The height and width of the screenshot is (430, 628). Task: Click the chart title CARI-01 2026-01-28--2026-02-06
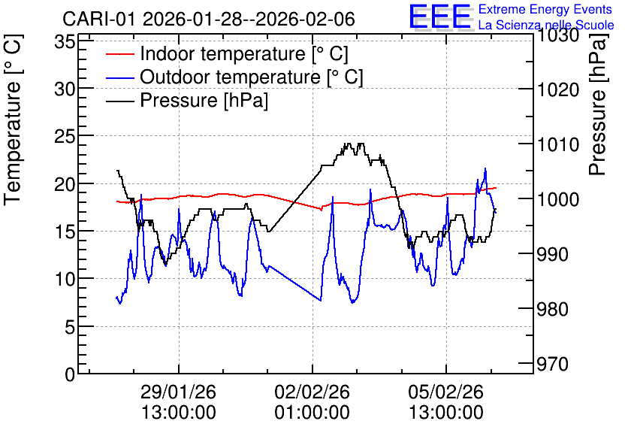coord(209,19)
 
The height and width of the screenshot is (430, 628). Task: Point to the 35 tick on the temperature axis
coord(65,41)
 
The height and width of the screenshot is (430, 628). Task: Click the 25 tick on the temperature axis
coord(65,136)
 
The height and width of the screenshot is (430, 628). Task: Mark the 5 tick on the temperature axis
coord(70,328)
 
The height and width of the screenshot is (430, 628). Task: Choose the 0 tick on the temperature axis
coord(70,374)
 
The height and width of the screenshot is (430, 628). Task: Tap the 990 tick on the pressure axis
coord(552,254)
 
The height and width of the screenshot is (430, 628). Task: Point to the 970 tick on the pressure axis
coord(552,365)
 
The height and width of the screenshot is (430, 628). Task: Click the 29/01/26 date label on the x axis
coord(179,392)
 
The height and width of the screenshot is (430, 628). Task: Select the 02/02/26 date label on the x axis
coord(312,392)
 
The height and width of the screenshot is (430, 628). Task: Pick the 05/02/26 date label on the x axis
coord(445,392)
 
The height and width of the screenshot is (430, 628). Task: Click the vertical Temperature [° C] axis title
coord(14,120)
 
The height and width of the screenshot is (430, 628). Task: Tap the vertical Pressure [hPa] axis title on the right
coord(598,104)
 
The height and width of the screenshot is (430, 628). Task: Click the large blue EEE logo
coord(440,17)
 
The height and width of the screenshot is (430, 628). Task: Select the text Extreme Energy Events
coord(545,9)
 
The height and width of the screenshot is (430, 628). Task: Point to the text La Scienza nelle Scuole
coord(546,25)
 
